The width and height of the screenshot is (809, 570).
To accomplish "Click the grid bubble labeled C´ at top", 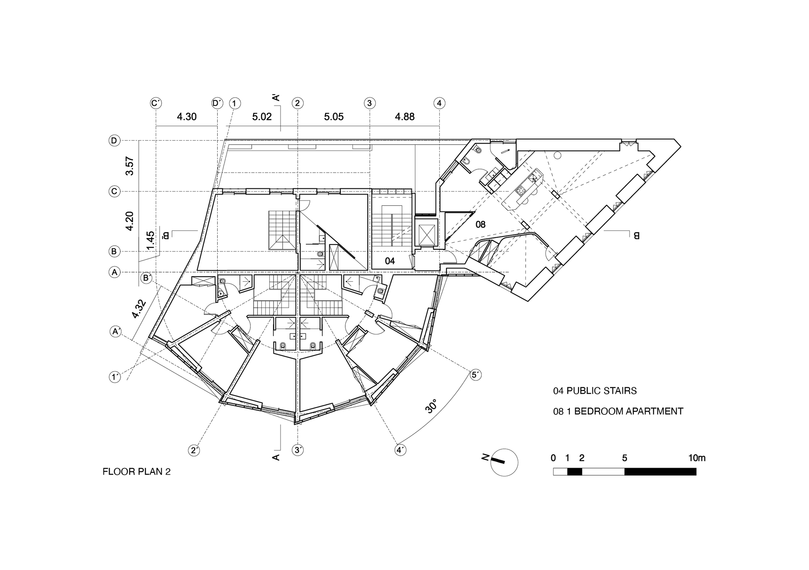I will [156, 103].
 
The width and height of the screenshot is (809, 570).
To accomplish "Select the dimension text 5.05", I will [334, 117].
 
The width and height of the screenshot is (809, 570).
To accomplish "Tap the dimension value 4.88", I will [404, 117].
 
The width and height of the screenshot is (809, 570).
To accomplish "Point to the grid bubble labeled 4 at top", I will [439, 103].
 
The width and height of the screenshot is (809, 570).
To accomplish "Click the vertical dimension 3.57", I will [129, 166].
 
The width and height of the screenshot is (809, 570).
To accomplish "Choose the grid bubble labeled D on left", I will [114, 141].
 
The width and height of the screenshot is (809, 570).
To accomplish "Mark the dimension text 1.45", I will [150, 241].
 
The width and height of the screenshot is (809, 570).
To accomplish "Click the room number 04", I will [390, 261].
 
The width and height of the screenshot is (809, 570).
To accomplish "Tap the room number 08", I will [480, 224].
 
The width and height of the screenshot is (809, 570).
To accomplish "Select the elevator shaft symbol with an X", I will [426, 233].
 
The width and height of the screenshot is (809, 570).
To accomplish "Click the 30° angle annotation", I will [431, 406].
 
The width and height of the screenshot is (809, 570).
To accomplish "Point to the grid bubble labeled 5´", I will [476, 375].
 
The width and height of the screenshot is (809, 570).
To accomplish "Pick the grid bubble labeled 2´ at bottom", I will [194, 450].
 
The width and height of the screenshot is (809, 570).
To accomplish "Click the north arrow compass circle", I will [504, 462].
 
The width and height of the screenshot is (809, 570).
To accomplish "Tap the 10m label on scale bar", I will [697, 458].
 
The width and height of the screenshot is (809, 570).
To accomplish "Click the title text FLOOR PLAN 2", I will [136, 472].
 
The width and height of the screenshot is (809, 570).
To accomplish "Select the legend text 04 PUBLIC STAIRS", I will [595, 391].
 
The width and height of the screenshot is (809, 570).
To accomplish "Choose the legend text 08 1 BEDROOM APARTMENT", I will [618, 412].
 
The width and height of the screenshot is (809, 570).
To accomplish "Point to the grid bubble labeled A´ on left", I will [116, 331].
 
